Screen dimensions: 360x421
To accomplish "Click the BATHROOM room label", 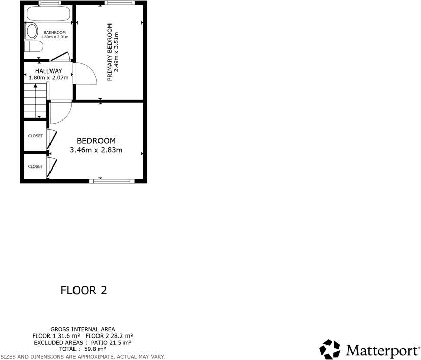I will click(x=55, y=32).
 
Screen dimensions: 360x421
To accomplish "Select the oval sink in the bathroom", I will click(x=32, y=32).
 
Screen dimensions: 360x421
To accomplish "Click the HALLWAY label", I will click(x=48, y=71).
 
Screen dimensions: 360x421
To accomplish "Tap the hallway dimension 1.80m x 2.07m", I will click(x=48, y=78).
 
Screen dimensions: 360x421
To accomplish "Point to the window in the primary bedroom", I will click(x=120, y=3).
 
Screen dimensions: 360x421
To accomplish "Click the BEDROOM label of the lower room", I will click(x=96, y=141).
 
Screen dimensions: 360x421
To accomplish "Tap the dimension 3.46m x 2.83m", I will click(x=96, y=150).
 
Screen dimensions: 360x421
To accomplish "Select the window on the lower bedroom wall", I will click(x=111, y=181).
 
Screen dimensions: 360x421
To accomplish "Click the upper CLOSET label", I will click(x=35, y=136).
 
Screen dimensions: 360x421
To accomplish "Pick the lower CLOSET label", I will click(x=35, y=166).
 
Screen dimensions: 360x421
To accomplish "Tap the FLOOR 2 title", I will click(x=84, y=291).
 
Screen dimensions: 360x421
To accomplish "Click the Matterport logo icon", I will click(x=330, y=349).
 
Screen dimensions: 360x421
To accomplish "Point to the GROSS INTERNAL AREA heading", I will click(x=83, y=329).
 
